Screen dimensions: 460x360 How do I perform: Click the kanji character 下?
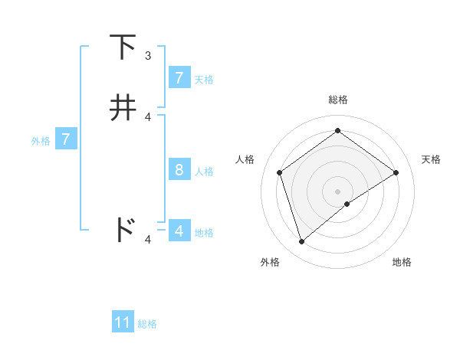pyautogui.click(x=123, y=47)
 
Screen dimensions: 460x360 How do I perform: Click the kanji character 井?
pyautogui.click(x=123, y=107)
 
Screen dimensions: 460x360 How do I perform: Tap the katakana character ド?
pyautogui.click(x=124, y=229)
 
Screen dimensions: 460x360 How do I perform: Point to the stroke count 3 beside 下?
pyautogui.click(x=148, y=56)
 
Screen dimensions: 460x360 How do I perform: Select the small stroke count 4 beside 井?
pyautogui.click(x=148, y=117)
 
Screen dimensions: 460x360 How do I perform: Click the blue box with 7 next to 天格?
pyautogui.click(x=179, y=77)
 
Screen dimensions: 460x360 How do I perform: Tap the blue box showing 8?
pyautogui.click(x=179, y=169)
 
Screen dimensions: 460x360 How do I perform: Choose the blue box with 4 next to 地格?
pyautogui.click(x=179, y=231)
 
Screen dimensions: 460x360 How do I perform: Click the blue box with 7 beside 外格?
pyautogui.click(x=66, y=139)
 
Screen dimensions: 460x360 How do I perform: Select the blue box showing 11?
pyautogui.click(x=123, y=322)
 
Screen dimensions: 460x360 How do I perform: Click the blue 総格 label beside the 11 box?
pyautogui.click(x=147, y=324)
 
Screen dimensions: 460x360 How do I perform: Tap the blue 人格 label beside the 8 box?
pyautogui.click(x=204, y=171)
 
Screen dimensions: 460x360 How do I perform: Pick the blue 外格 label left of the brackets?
pyautogui.click(x=41, y=141)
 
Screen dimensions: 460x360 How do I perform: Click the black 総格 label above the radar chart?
pyautogui.click(x=337, y=100)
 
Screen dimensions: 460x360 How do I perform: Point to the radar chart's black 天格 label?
pyautogui.click(x=431, y=159)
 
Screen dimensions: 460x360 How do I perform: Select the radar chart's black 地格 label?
pyautogui.click(x=402, y=262)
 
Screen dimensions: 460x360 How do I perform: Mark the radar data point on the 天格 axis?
pyautogui.click(x=396, y=172)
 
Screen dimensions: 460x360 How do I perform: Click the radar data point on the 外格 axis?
pyautogui.click(x=302, y=242)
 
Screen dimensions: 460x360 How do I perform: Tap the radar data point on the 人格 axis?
pyautogui.click(x=280, y=172)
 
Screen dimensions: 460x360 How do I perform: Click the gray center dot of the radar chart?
pyautogui.click(x=337, y=191)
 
